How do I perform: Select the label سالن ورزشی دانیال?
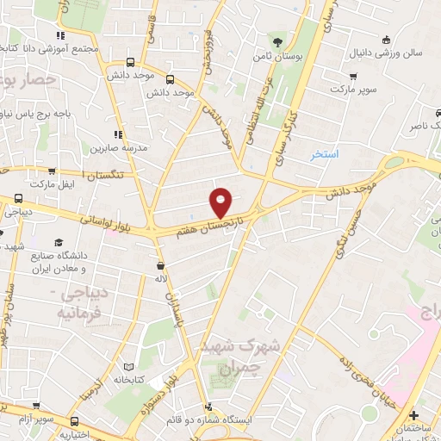pyautogui.click(x=384, y=53)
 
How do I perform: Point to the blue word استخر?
pyautogui.click(x=326, y=154)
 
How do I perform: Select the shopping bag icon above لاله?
pyautogui.click(x=161, y=266)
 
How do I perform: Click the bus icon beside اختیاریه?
pyautogui.click(x=74, y=422)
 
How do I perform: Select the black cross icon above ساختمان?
pyautogui.click(x=413, y=415)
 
